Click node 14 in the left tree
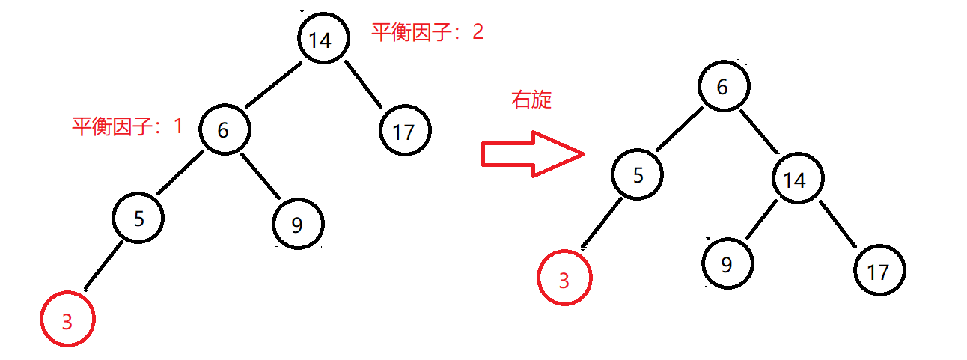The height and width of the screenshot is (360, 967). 323,39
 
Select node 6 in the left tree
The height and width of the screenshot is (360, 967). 225,129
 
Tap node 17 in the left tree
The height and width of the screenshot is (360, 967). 405,131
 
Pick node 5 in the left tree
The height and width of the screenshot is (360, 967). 138,219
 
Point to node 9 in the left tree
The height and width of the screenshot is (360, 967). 298,224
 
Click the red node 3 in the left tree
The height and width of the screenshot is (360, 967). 68,320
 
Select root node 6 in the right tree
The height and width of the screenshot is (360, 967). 722,87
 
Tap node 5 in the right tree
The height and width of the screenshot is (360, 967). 638,175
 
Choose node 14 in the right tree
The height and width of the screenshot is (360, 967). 799,180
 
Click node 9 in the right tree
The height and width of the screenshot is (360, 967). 728,263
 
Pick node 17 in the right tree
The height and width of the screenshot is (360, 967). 879,270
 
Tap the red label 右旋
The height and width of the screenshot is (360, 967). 531,100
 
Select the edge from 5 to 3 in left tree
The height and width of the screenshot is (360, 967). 104,265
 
